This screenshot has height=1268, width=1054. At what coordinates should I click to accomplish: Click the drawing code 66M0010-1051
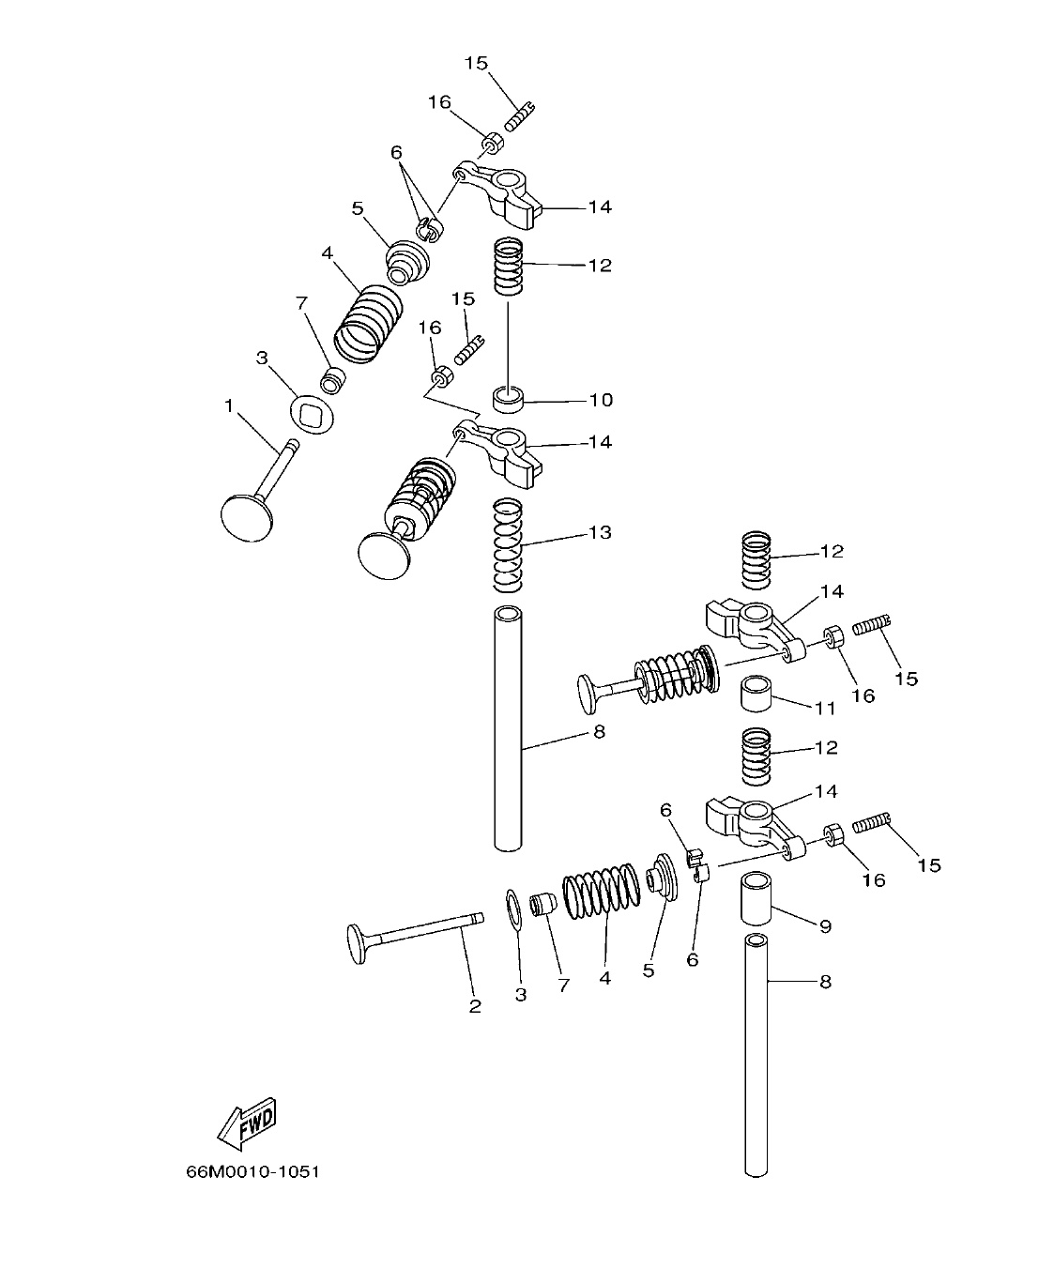[x=253, y=1172]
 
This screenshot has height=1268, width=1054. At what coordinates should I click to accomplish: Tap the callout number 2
[x=475, y=1006]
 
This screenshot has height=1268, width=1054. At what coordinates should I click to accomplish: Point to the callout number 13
[x=600, y=532]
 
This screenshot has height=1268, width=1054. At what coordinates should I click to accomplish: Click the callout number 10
[x=601, y=400]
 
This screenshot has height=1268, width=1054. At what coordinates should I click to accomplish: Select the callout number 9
[x=825, y=926]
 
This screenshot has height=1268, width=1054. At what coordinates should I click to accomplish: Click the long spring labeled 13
[x=508, y=545]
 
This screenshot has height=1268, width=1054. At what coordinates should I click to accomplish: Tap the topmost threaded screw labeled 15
[x=519, y=115]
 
